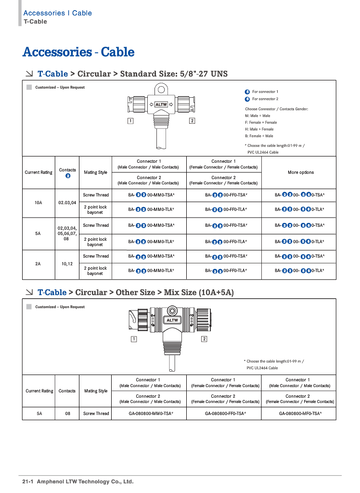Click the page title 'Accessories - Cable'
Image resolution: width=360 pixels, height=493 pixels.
point(78,52)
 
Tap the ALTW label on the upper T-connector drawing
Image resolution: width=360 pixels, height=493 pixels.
point(161,104)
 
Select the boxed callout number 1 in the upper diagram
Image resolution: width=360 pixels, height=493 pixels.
point(130,120)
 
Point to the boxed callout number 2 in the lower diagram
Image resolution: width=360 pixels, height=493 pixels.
point(204,339)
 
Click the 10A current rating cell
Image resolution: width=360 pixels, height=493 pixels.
point(39,203)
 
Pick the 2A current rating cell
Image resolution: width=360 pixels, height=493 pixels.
point(39,264)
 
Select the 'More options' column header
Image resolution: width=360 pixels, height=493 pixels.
point(300,172)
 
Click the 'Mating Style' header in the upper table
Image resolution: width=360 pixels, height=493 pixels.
point(95,172)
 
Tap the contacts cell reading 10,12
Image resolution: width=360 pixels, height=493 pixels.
point(67,264)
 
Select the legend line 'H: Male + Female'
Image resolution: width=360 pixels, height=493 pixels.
point(259,129)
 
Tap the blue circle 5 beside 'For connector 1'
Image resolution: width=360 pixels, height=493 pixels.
point(247,91)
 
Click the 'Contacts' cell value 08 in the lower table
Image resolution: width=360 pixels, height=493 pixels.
point(67,414)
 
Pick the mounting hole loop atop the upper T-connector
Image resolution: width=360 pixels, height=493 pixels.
point(161,90)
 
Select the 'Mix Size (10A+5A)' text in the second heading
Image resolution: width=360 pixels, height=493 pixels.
point(198,292)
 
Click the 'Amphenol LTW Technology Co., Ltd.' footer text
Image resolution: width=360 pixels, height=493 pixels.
point(85,481)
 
